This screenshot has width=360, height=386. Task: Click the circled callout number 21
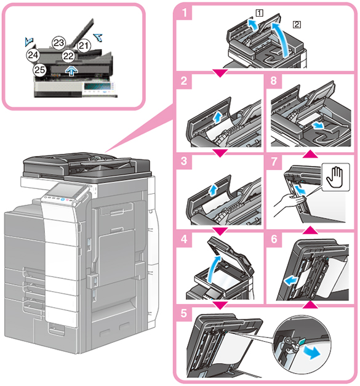click(x=84, y=46)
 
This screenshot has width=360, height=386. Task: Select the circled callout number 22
click(x=68, y=56)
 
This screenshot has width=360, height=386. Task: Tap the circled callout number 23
click(x=58, y=43)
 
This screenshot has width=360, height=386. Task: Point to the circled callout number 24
click(x=33, y=55)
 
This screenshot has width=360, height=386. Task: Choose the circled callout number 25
click(x=39, y=70)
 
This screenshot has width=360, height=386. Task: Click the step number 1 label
click(x=184, y=12)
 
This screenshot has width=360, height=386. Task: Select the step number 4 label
click(x=184, y=239)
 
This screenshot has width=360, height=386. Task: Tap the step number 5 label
click(x=184, y=313)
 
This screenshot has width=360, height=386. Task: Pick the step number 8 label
click(x=273, y=81)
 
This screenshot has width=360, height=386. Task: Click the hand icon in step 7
click(x=335, y=177)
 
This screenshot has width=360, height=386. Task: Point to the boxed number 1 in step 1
click(x=259, y=13)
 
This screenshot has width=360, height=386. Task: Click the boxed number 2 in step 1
click(x=297, y=25)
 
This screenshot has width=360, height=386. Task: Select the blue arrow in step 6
click(x=291, y=280)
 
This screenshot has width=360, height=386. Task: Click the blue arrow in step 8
click(x=318, y=126)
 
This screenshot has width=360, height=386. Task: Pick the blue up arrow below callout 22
click(x=71, y=71)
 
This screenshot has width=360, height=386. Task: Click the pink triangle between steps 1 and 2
click(x=220, y=73)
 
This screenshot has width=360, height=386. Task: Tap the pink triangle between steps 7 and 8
click(x=310, y=154)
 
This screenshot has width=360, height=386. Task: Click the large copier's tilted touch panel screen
click(x=66, y=191)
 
